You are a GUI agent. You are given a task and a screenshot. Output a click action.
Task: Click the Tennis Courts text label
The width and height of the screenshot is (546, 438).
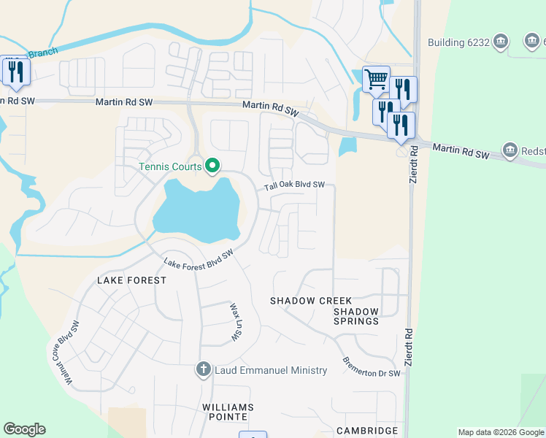pos(171,167)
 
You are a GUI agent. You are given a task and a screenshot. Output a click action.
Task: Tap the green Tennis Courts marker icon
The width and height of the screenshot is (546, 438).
pos(212,167)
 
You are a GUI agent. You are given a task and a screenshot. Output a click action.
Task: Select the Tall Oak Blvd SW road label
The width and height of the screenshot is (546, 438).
pos(294,185)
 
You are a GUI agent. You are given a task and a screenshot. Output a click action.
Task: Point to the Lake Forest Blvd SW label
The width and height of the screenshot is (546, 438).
pos(198,258)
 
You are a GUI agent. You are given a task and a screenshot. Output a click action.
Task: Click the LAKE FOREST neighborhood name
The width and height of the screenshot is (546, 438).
pos(128,280)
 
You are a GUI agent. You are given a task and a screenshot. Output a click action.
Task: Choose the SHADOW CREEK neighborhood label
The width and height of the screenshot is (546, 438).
pos(311,301)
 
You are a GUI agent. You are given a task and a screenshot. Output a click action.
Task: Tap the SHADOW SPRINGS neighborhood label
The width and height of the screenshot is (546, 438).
pos(356,316)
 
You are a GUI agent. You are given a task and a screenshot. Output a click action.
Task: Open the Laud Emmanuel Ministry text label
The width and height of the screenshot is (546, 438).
pos(270,370)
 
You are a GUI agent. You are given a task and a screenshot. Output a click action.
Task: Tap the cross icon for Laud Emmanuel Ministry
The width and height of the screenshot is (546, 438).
pos(204,370)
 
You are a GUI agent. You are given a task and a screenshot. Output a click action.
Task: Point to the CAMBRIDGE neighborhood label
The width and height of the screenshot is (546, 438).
pos(366,431)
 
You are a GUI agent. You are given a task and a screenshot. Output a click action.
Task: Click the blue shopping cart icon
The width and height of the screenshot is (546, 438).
pos(376,78)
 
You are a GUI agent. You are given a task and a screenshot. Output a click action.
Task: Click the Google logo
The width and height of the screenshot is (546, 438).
pos(24,429)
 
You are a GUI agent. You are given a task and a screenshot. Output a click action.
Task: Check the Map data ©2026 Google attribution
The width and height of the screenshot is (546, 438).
pos(501,432)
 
